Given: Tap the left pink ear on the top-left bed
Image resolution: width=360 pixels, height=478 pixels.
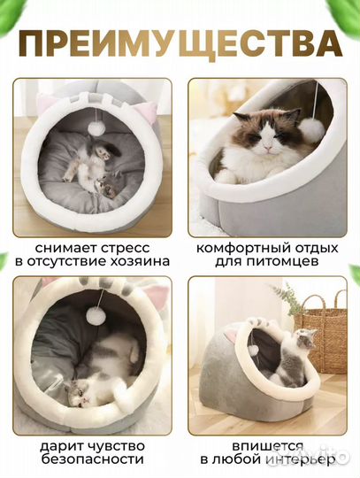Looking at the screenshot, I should (x=45, y=104).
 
